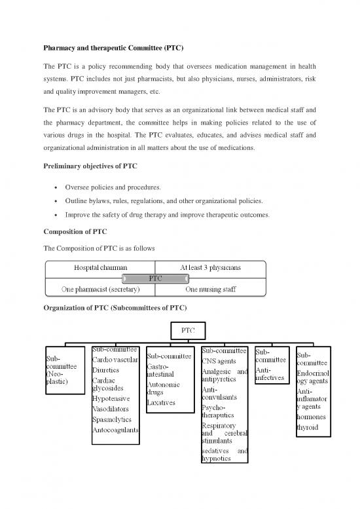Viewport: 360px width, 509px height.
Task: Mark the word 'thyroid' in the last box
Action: click(308, 427)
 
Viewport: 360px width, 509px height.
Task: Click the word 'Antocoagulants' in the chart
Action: click(116, 430)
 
